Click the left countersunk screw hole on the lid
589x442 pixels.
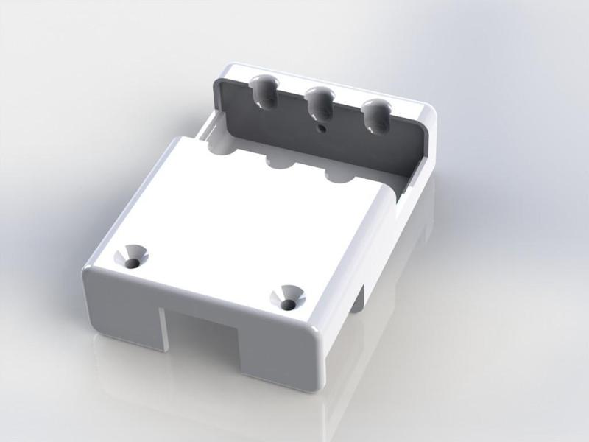tap(133, 256)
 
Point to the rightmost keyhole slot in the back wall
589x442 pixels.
tap(376, 114)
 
